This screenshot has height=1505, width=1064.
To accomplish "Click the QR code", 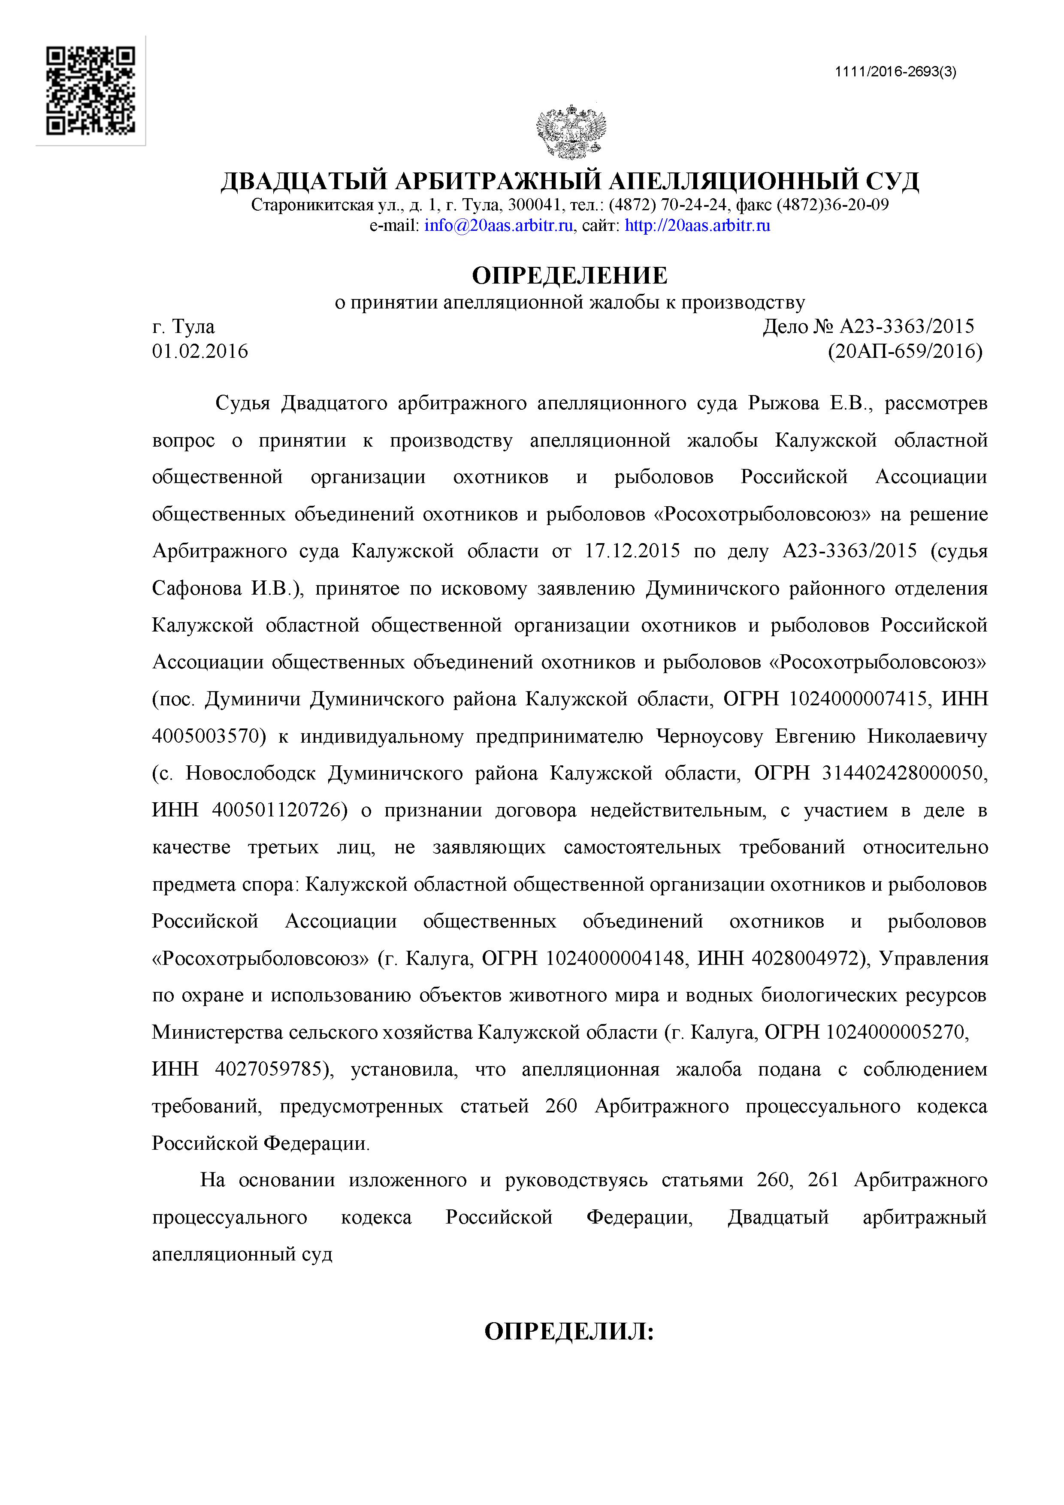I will coord(91,91).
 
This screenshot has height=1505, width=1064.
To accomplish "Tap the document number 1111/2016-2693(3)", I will coord(895,72).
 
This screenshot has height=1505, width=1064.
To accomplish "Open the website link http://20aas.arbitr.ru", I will coord(698,226).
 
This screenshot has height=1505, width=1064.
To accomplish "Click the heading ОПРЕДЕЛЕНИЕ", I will coord(570,275).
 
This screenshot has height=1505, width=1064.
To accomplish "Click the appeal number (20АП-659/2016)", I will coord(905,352).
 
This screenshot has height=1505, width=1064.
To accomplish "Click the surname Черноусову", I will coord(710,736).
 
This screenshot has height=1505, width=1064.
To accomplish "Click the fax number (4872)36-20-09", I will coord(833,205).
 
